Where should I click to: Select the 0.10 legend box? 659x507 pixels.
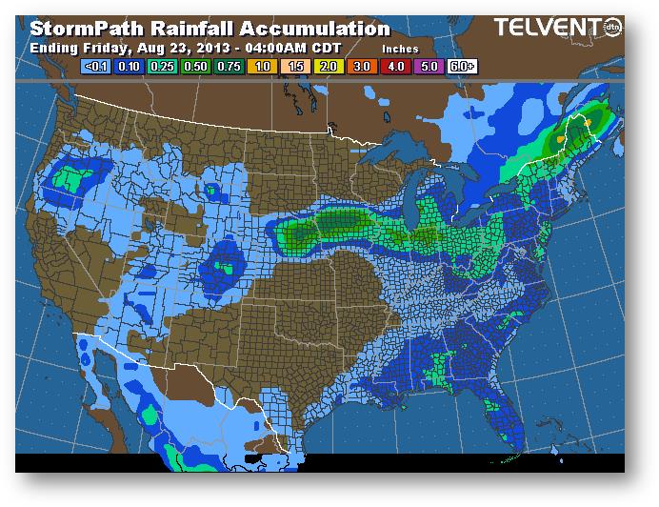[130, 68]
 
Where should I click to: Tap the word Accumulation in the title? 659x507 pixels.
[314, 30]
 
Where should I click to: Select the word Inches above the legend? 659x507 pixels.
[401, 48]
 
